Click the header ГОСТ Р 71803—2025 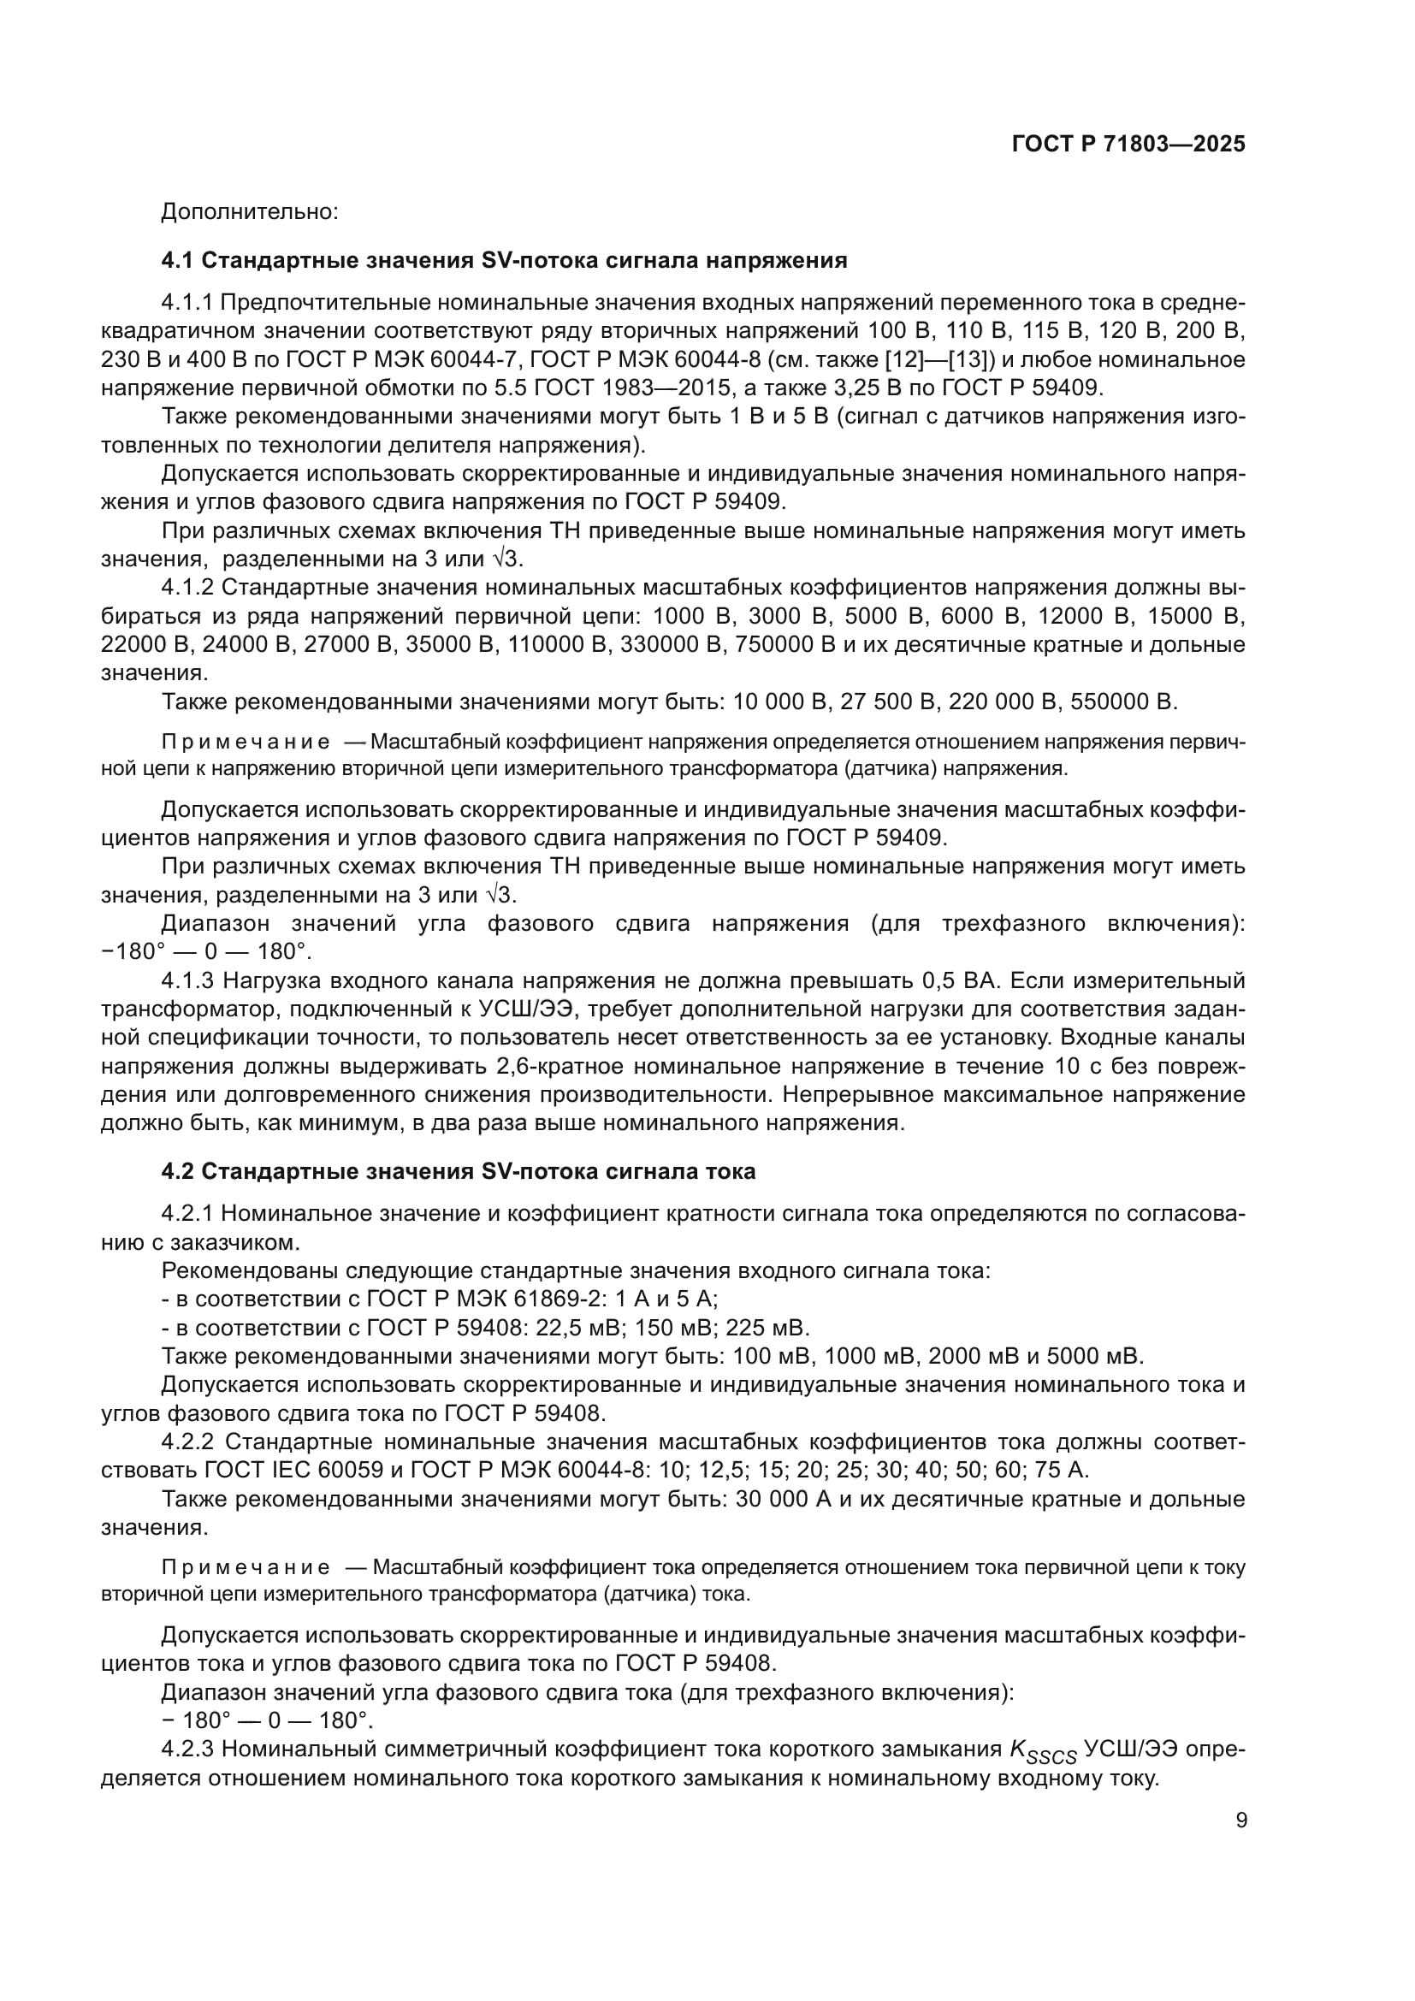(x=1128, y=144)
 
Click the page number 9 (x=1240, y=1820)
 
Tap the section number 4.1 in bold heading (x=178, y=261)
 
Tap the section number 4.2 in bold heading (x=178, y=1171)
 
